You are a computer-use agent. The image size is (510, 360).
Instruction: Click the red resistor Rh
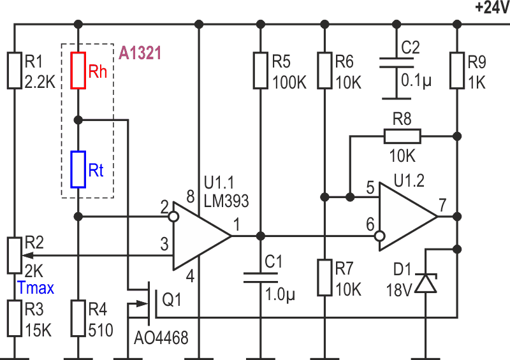tap(78, 70)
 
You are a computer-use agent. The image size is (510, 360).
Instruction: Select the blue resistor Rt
tap(78, 169)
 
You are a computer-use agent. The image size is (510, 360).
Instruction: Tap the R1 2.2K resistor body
tap(14, 70)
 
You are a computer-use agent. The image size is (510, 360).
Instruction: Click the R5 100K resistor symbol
tap(261, 70)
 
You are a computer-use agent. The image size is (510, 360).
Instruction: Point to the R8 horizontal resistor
tap(402, 136)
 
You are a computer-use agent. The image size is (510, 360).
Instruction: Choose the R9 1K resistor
tap(457, 70)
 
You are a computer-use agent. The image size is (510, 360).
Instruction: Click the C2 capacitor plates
tap(397, 63)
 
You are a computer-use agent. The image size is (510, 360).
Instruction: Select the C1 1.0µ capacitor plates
tap(261, 277)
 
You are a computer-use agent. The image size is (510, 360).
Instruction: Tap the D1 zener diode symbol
tap(426, 283)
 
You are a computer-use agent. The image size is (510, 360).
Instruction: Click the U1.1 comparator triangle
tap(201, 236)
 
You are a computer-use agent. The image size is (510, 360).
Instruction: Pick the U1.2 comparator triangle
tap(408, 217)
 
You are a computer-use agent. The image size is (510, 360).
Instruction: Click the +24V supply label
tap(492, 8)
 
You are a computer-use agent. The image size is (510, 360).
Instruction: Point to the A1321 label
tap(140, 53)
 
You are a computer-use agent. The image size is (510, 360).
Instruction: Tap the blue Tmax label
tap(36, 288)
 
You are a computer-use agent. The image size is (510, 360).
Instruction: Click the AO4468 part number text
tap(161, 338)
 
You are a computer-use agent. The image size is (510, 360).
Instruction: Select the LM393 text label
tap(226, 201)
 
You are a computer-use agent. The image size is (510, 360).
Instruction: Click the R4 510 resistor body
tap(78, 319)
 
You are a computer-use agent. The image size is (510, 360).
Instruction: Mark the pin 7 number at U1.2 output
tap(442, 205)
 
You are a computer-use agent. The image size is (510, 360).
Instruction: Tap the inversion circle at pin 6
tap(379, 236)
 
